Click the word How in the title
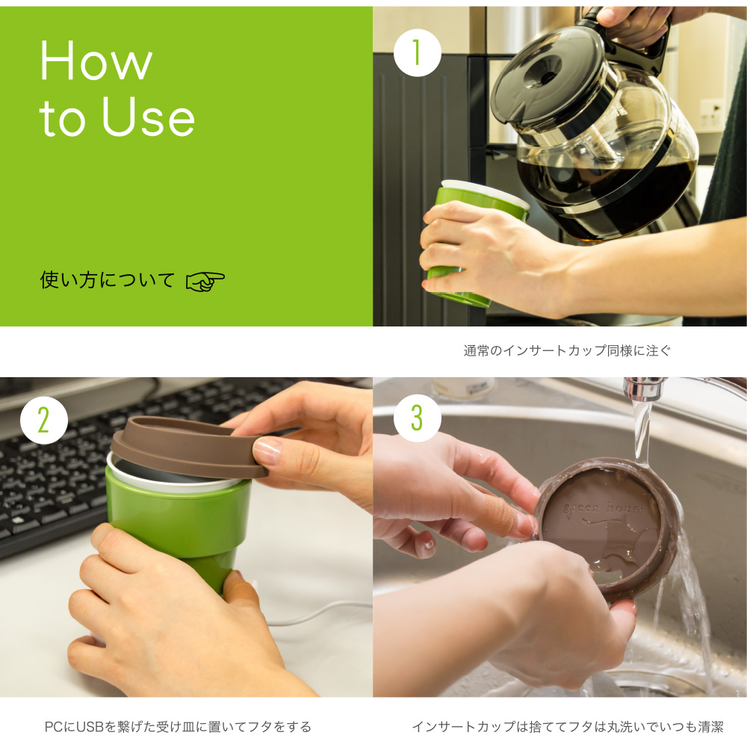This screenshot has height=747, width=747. click(96, 61)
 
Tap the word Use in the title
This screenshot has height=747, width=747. click(148, 116)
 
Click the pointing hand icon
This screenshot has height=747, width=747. click(205, 282)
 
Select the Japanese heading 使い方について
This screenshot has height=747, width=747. click(107, 280)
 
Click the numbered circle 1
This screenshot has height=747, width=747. click(418, 53)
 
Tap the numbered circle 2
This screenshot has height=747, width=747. click(44, 420)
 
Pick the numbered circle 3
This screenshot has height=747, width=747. click(418, 418)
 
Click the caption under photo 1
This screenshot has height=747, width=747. click(567, 351)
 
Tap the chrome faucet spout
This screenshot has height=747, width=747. click(644, 388)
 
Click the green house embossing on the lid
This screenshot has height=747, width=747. click(603, 508)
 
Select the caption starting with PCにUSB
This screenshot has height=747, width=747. click(178, 727)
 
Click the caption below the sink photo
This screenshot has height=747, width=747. click(568, 727)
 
